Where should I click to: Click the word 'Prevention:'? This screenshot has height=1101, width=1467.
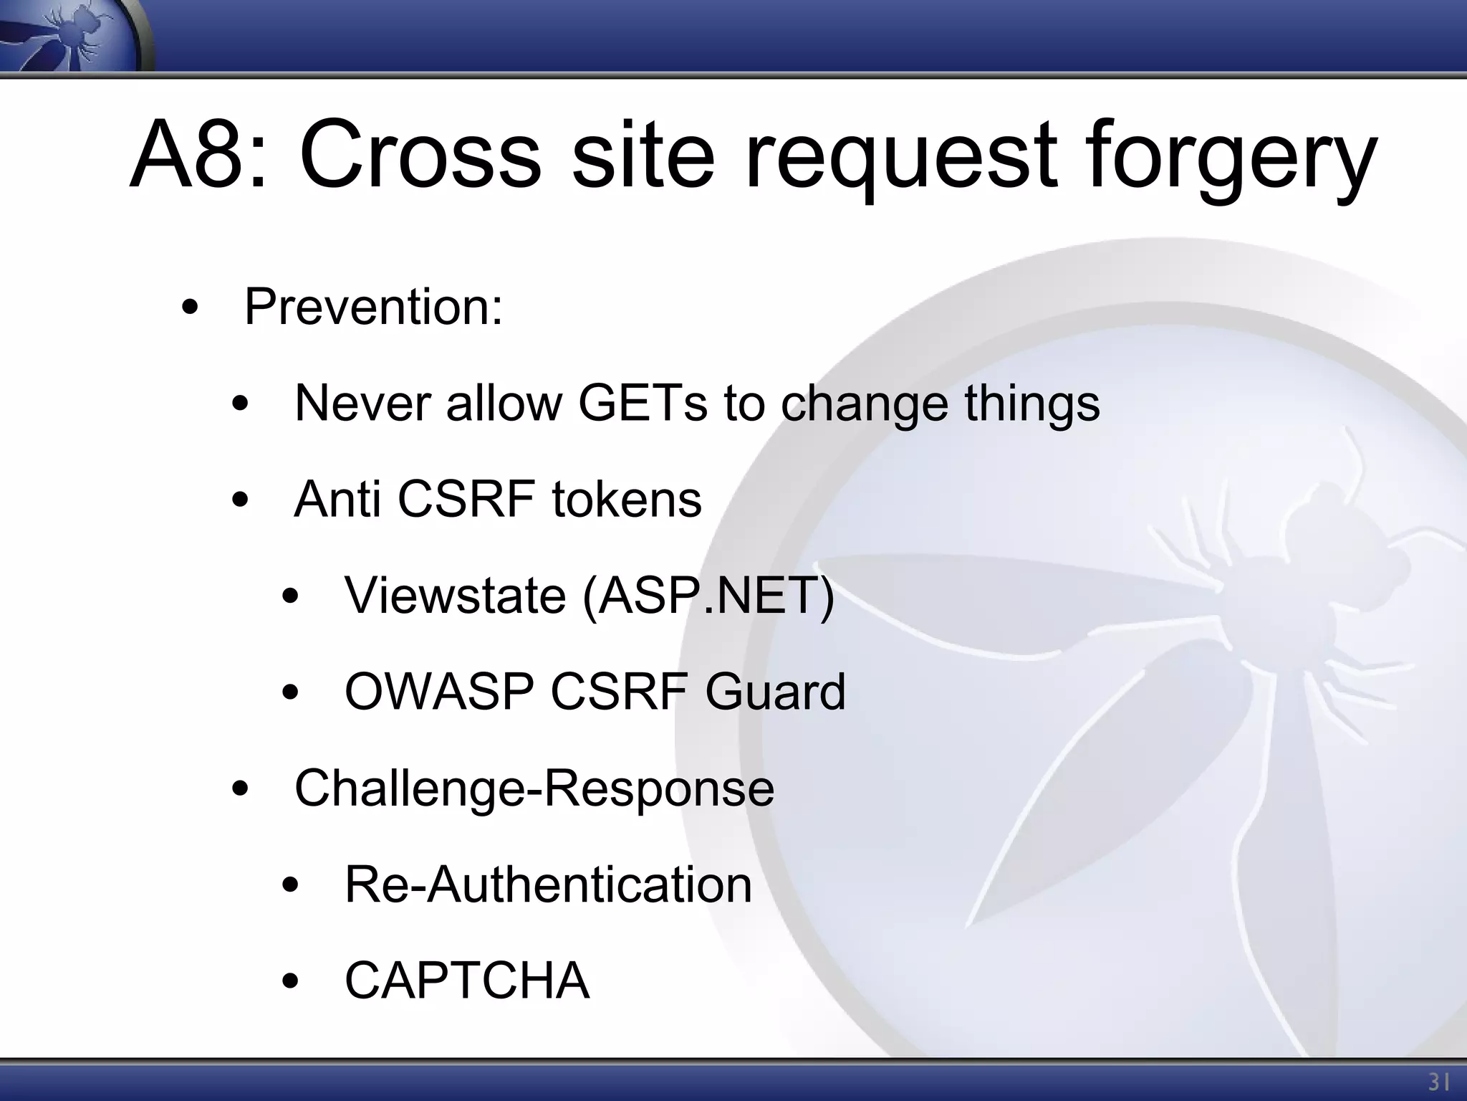(x=373, y=307)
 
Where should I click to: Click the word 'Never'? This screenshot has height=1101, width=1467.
(x=362, y=403)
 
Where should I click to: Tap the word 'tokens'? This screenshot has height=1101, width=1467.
(x=626, y=499)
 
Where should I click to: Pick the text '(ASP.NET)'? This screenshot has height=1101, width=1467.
(x=709, y=596)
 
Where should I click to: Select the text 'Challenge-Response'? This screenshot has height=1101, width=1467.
(x=534, y=788)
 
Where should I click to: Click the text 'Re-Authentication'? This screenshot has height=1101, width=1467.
(x=548, y=884)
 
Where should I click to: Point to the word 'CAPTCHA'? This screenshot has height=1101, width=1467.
(x=467, y=980)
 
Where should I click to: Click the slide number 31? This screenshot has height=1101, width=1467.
(x=1438, y=1082)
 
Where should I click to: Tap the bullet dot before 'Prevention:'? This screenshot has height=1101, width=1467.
(x=189, y=309)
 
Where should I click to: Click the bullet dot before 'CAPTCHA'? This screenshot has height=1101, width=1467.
(x=289, y=981)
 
